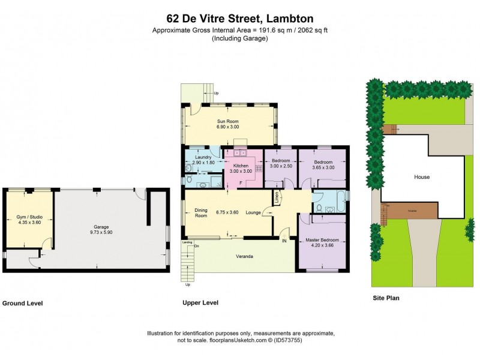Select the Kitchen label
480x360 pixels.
pos(241,166)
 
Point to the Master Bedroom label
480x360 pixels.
pos(322,240)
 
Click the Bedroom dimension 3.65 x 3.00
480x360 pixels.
pos(323,167)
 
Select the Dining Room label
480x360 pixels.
pos(200,212)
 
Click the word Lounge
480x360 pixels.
pos(253,212)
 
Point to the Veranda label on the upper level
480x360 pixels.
pos(244,257)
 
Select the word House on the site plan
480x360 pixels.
pos(422,177)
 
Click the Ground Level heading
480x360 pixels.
pos(23,304)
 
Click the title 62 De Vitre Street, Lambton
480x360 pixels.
pos(239,19)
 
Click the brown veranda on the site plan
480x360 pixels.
pos(411,211)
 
